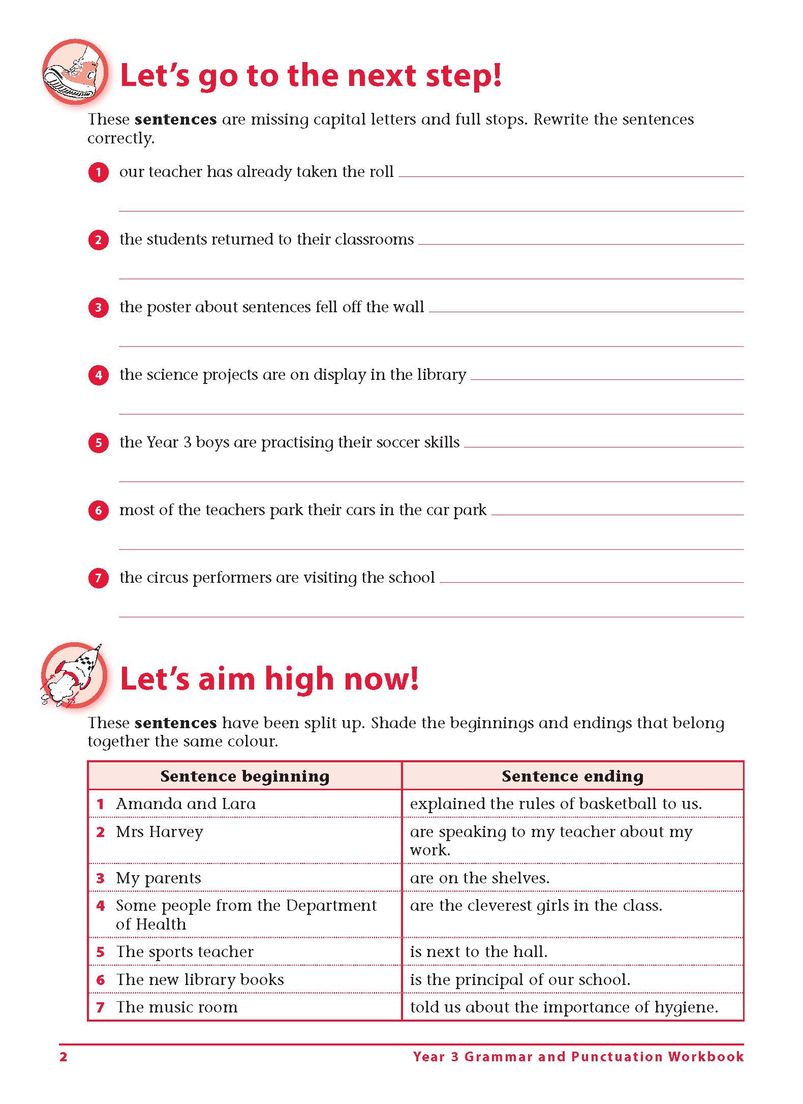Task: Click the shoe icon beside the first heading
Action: coord(75,72)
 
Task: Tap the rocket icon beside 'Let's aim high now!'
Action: coord(74,675)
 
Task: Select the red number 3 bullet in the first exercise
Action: coord(98,308)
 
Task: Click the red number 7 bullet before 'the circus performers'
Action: coord(98,578)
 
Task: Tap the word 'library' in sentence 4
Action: coord(441,375)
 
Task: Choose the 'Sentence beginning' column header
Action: coord(244,776)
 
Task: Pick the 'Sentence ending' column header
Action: coord(572,776)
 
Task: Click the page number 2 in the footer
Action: coord(64,1057)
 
